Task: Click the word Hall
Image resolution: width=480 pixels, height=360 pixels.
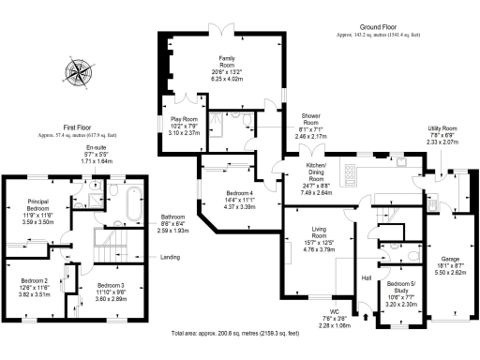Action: coord(367,279)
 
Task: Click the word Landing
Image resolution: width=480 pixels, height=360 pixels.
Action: coord(171,257)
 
